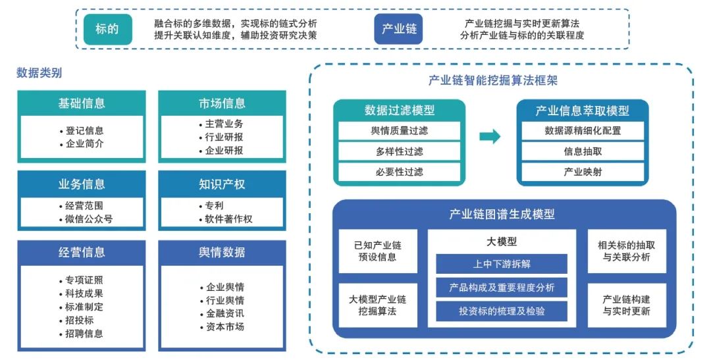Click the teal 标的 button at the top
pyautogui.click(x=107, y=30)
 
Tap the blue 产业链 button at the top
pyautogui.click(x=398, y=30)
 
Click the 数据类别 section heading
pyautogui.click(x=39, y=73)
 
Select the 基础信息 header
pyautogui.click(x=82, y=103)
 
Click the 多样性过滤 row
pyautogui.click(x=400, y=151)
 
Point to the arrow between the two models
pyautogui.click(x=489, y=137)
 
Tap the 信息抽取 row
pyautogui.click(x=583, y=151)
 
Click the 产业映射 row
pyautogui.click(x=583, y=172)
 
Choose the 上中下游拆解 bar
pyautogui.click(x=502, y=264)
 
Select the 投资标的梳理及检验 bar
pyautogui.click(x=502, y=311)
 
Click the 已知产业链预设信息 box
pyautogui.click(x=378, y=251)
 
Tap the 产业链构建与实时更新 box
pyautogui.click(x=626, y=305)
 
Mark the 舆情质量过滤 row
pyautogui.click(x=400, y=130)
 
